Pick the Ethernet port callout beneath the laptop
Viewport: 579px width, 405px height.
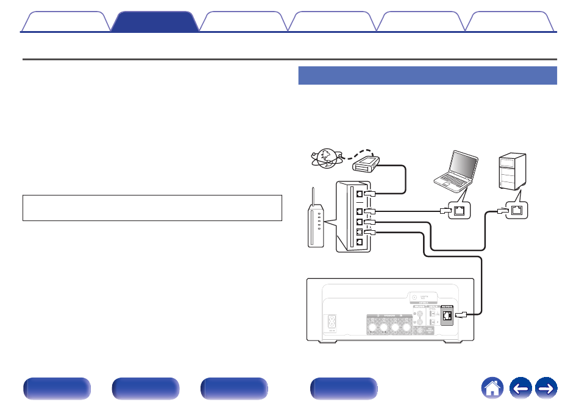point(458,211)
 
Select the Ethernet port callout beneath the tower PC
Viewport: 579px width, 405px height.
point(516,211)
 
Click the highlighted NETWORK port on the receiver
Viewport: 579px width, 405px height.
point(448,315)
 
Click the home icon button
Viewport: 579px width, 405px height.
point(493,388)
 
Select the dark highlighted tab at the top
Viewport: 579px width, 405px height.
point(155,21)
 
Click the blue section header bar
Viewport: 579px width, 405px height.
point(427,76)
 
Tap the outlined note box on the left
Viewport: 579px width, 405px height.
point(152,208)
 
